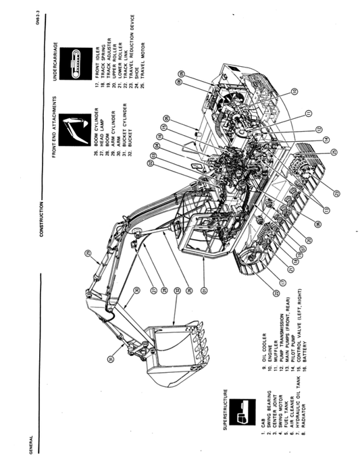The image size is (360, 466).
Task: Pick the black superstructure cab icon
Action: coord(238,413)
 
